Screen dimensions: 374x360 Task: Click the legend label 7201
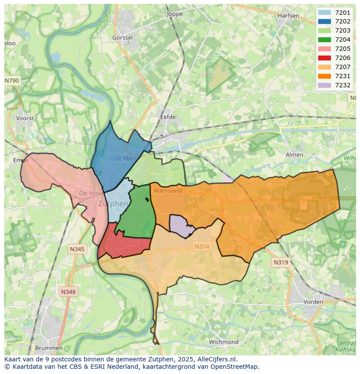pyautogui.click(x=343, y=13)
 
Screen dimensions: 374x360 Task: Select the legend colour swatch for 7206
pyautogui.click(x=324, y=58)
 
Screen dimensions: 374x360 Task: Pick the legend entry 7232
pyautogui.click(x=343, y=85)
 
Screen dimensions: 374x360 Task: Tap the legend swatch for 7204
pyautogui.click(x=324, y=40)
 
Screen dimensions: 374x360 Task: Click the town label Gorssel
pyautogui.click(x=122, y=38)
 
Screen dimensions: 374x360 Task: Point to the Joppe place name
pyautogui.click(x=175, y=14)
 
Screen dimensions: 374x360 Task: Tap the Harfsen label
pyautogui.click(x=288, y=16)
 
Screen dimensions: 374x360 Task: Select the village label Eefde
pyautogui.click(x=168, y=117)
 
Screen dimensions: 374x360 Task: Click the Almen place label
pyautogui.click(x=294, y=155)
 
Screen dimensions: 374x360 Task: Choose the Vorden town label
pyautogui.click(x=313, y=301)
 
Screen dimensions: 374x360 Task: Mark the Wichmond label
pyautogui.click(x=223, y=342)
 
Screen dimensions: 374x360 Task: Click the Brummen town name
pyautogui.click(x=48, y=348)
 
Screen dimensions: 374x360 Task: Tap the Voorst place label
pyautogui.click(x=24, y=118)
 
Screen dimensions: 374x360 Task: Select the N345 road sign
pyautogui.click(x=77, y=249)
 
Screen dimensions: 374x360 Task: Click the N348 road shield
pyautogui.click(x=68, y=292)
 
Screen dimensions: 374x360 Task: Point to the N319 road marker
pyautogui.click(x=280, y=262)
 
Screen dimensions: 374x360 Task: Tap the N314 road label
pyautogui.click(x=202, y=246)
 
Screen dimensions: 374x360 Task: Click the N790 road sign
pyautogui.click(x=12, y=81)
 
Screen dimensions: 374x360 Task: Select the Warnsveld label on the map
pyautogui.click(x=167, y=190)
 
